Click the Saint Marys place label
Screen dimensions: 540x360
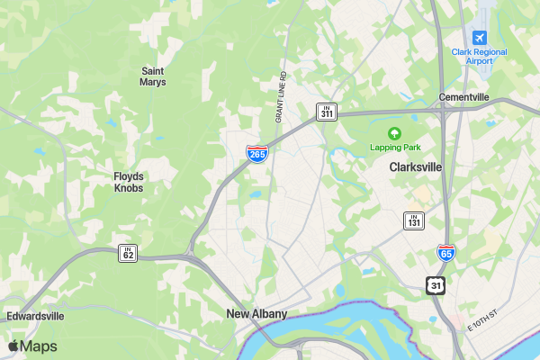(153, 76)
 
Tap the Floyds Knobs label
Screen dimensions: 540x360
(128, 182)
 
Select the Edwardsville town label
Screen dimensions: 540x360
(35, 317)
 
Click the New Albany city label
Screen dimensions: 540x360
(256, 314)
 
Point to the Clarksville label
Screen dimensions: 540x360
(416, 167)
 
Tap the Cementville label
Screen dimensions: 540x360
(464, 97)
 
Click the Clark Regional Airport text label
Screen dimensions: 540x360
(479, 57)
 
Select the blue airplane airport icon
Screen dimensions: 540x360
(479, 37)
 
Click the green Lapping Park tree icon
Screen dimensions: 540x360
(393, 133)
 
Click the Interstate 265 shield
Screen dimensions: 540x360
(257, 154)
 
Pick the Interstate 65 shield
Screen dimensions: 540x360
(445, 253)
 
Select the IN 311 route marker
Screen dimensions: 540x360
(326, 112)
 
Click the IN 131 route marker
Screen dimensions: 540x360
(413, 220)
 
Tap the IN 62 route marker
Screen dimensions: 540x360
(128, 254)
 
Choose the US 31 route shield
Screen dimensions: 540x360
(436, 284)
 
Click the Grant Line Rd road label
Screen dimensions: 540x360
(280, 97)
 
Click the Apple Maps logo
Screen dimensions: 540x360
(32, 346)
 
